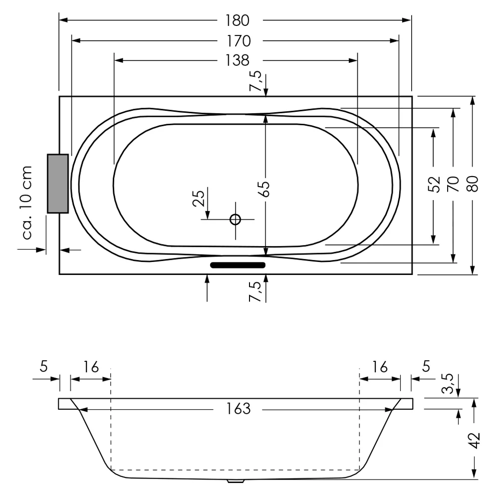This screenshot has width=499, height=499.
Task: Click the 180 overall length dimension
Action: click(x=237, y=20)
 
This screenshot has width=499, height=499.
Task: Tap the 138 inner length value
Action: click(x=237, y=60)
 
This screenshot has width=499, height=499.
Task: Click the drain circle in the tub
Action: click(x=235, y=219)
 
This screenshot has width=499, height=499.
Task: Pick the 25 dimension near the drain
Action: click(x=199, y=198)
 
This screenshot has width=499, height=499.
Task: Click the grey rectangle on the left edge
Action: click(x=57, y=184)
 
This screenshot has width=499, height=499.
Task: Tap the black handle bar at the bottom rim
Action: click(x=238, y=264)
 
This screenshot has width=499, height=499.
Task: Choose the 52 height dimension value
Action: click(x=434, y=184)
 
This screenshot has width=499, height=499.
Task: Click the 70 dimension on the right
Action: click(x=453, y=184)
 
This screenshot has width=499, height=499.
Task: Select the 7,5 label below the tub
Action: click(x=255, y=291)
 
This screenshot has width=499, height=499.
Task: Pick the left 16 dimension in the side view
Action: click(x=91, y=367)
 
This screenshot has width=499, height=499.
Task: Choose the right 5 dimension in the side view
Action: click(x=426, y=367)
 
